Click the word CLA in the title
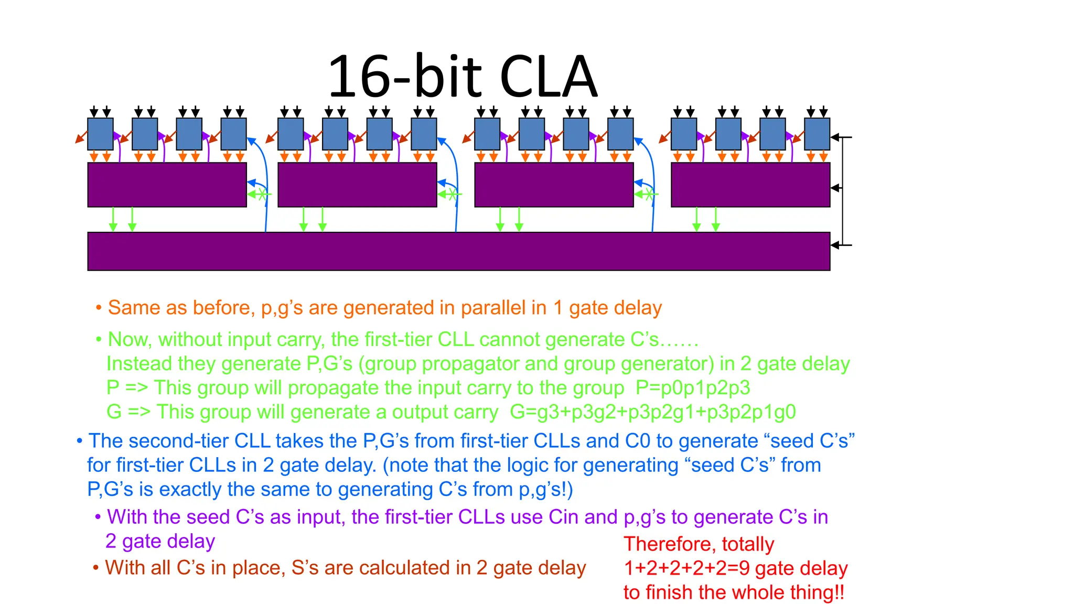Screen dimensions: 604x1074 click(548, 78)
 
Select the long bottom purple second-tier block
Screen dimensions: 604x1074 click(458, 251)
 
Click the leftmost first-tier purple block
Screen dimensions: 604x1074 click(167, 185)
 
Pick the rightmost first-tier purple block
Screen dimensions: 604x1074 click(750, 185)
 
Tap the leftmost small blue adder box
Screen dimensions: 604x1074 click(100, 134)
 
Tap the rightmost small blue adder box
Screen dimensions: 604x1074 click(817, 134)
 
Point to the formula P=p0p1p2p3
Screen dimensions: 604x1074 click(693, 388)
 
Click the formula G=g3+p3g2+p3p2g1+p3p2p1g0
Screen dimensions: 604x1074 click(653, 412)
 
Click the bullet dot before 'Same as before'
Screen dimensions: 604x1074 click(98, 308)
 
